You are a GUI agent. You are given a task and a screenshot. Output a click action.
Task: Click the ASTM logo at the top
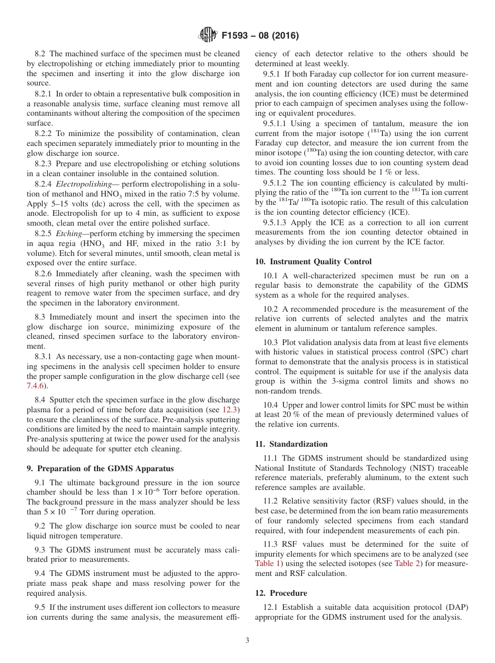tap(208, 36)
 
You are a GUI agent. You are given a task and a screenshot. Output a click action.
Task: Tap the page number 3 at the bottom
tap(247, 641)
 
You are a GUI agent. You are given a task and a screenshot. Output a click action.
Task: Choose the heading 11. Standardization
tap(291, 444)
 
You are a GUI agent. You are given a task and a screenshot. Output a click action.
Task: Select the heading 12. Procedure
tap(281, 593)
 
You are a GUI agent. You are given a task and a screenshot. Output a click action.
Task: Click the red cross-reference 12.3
tap(230, 410)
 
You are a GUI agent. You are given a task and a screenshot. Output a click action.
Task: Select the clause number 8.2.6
tap(45, 273)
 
